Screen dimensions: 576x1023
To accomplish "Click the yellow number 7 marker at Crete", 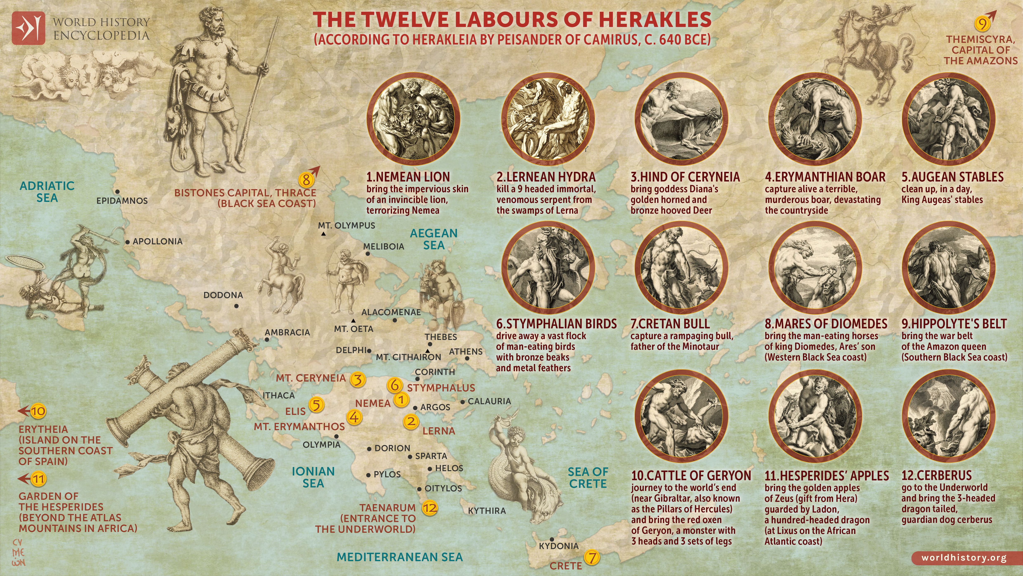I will point(592,557).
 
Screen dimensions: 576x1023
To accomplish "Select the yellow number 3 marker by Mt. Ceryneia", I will point(357,379).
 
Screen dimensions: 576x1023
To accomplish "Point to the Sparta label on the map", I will point(431,456).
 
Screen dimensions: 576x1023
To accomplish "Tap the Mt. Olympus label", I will point(346,225).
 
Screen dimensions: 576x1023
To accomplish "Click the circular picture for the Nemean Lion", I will point(413,119).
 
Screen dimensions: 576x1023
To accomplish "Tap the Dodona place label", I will point(223,295).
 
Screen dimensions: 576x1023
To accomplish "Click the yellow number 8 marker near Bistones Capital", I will point(306,180).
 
